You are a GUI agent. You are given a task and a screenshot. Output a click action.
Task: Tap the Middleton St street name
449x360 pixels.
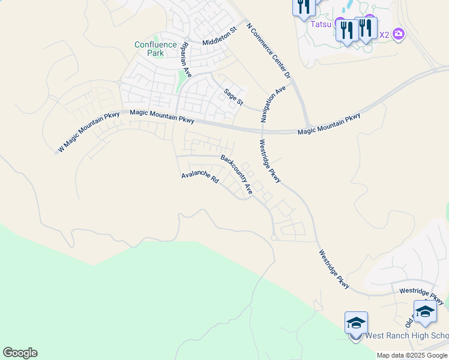220,38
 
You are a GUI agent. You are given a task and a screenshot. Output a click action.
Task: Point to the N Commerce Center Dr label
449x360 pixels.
269,50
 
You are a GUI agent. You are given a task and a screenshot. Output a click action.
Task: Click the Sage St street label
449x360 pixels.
233,97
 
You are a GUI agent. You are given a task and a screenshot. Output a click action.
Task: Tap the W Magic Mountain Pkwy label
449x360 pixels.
88,132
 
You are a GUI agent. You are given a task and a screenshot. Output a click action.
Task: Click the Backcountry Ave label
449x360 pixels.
236,174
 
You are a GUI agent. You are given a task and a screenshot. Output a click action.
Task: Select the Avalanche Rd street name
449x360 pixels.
200,178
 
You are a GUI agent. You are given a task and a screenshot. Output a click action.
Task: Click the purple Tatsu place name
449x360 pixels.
321,25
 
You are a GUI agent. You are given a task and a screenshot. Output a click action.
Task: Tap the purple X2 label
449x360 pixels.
384,35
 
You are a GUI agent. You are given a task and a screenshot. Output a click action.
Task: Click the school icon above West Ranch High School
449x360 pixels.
356,323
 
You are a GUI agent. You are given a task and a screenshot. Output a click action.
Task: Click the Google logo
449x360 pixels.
20,353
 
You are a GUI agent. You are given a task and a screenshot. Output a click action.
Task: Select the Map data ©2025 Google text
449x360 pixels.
412,355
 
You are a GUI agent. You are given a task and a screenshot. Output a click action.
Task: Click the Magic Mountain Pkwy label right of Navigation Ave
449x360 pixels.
329,124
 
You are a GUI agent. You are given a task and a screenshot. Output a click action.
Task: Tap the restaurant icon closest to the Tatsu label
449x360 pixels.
347,29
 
